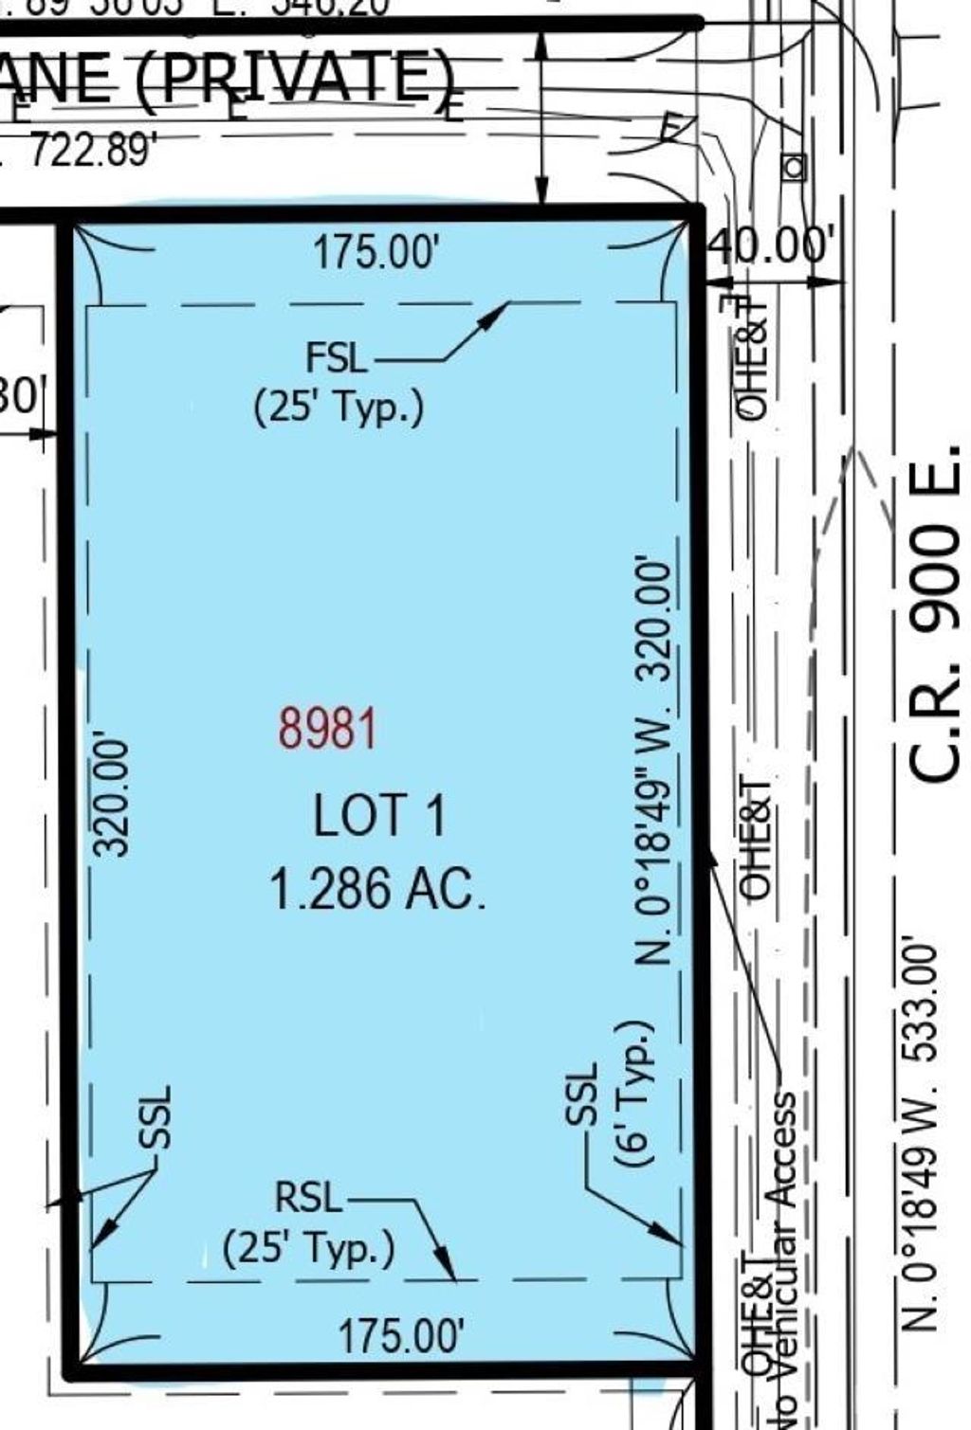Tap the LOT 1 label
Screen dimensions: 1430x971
[378, 816]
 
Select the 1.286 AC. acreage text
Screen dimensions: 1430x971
[377, 890]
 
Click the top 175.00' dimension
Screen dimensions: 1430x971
[376, 254]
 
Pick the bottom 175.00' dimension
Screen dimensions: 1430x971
[401, 1336]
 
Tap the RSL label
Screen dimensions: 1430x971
[307, 1197]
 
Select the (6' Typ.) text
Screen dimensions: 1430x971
[634, 1094]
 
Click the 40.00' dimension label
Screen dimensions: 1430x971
[771, 246]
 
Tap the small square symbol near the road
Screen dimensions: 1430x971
[794, 168]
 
